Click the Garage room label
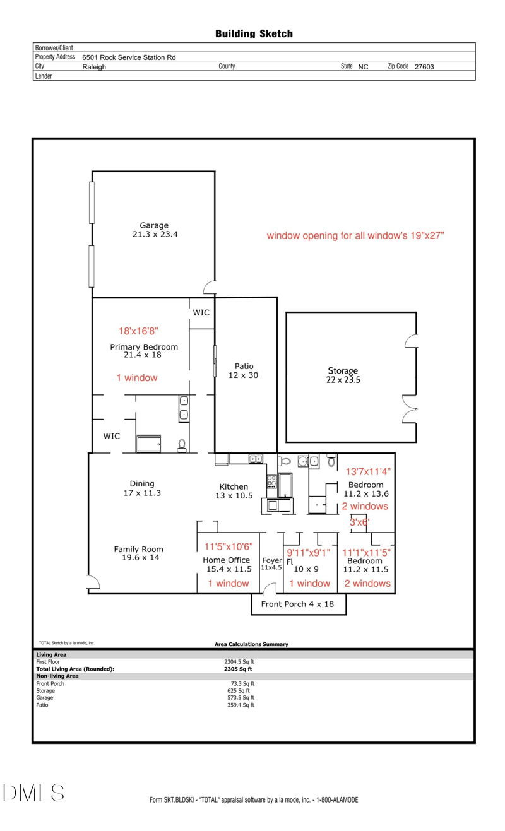[154, 225]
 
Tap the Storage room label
[343, 370]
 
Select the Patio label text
[244, 366]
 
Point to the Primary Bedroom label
[144, 347]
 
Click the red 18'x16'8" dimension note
[138, 331]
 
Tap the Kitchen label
[234, 486]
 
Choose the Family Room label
[138, 549]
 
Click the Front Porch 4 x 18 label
[297, 604]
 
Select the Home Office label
[227, 560]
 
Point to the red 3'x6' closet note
[359, 522]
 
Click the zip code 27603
[424, 67]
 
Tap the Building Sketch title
[254, 34]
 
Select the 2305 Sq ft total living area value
[238, 669]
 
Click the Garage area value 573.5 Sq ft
[241, 697]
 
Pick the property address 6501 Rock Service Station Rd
[129, 57]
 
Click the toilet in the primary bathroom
[182, 445]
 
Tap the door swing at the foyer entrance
[270, 588]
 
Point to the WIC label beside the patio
[201, 312]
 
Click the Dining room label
[142, 484]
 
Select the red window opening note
[355, 235]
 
